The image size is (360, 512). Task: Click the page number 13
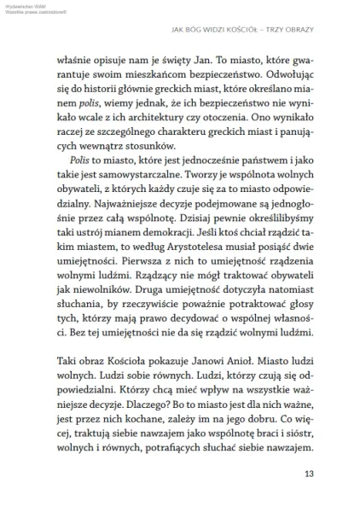click(310, 475)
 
